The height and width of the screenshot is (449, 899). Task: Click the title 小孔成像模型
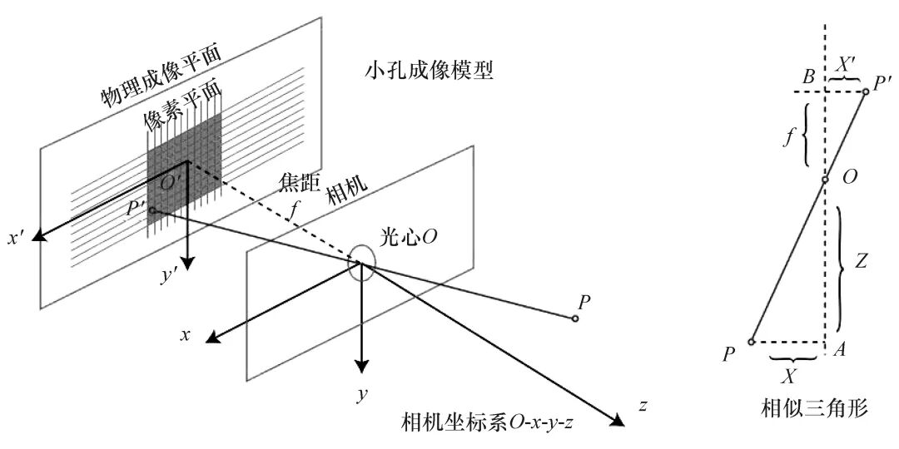tap(429, 72)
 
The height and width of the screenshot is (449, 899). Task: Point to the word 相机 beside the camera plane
tap(344, 192)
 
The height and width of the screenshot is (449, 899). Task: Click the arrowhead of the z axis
tap(618, 421)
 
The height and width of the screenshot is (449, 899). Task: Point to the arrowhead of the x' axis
tap(40, 234)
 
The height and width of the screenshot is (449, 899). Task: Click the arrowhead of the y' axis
tap(188, 264)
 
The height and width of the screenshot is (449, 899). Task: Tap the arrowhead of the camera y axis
tap(360, 365)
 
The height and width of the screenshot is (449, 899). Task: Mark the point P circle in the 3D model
tap(574, 318)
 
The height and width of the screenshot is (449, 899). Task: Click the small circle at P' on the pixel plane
tap(151, 210)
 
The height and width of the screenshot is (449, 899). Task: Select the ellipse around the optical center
tap(362, 263)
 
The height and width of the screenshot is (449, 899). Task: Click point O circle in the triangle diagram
tap(824, 180)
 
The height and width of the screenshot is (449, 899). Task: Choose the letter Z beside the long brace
tap(859, 262)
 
